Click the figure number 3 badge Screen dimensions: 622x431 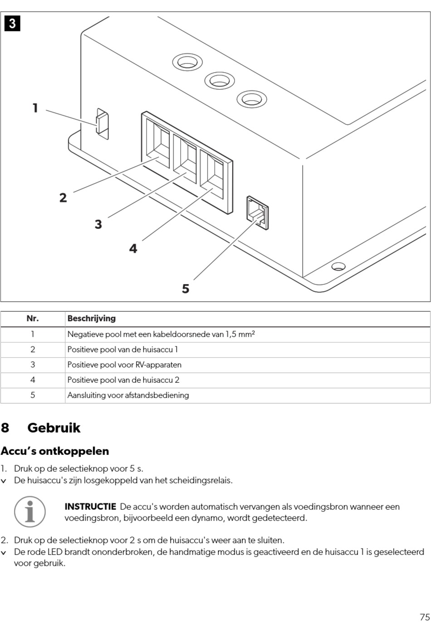pyautogui.click(x=12, y=23)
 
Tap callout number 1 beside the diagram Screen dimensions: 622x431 pyautogui.click(x=35, y=108)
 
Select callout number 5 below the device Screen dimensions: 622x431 pyautogui.click(x=185, y=289)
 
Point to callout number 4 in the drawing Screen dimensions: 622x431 pyautogui.click(x=133, y=248)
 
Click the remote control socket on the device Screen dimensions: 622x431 pyautogui.click(x=257, y=212)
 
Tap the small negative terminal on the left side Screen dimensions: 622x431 pyautogui.click(x=102, y=123)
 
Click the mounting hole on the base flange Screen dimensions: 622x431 pyautogui.click(x=338, y=266)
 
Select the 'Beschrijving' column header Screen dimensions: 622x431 pyautogui.click(x=91, y=318)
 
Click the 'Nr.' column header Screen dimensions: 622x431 pyautogui.click(x=33, y=318)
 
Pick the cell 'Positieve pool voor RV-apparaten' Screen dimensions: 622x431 pyautogui.click(x=124, y=365)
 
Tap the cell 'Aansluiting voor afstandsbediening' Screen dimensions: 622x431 pyautogui.click(x=128, y=395)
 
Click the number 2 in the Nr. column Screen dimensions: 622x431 pyautogui.click(x=33, y=349)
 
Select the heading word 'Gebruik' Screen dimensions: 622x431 pyautogui.click(x=54, y=428)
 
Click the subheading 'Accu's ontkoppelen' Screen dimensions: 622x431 pyautogui.click(x=55, y=451)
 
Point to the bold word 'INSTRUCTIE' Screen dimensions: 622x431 pyautogui.click(x=90, y=506)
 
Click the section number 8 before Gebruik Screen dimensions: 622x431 pyautogui.click(x=5, y=428)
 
